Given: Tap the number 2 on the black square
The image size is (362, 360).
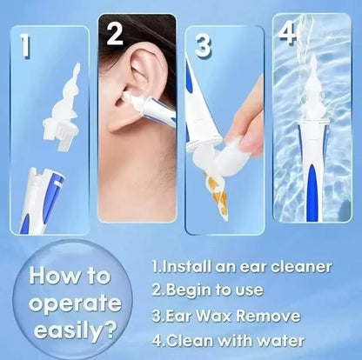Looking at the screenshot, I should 114,33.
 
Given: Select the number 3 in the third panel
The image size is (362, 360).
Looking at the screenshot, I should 203,45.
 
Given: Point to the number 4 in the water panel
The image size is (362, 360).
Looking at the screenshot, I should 288,33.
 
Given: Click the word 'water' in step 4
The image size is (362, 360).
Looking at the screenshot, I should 276,340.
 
